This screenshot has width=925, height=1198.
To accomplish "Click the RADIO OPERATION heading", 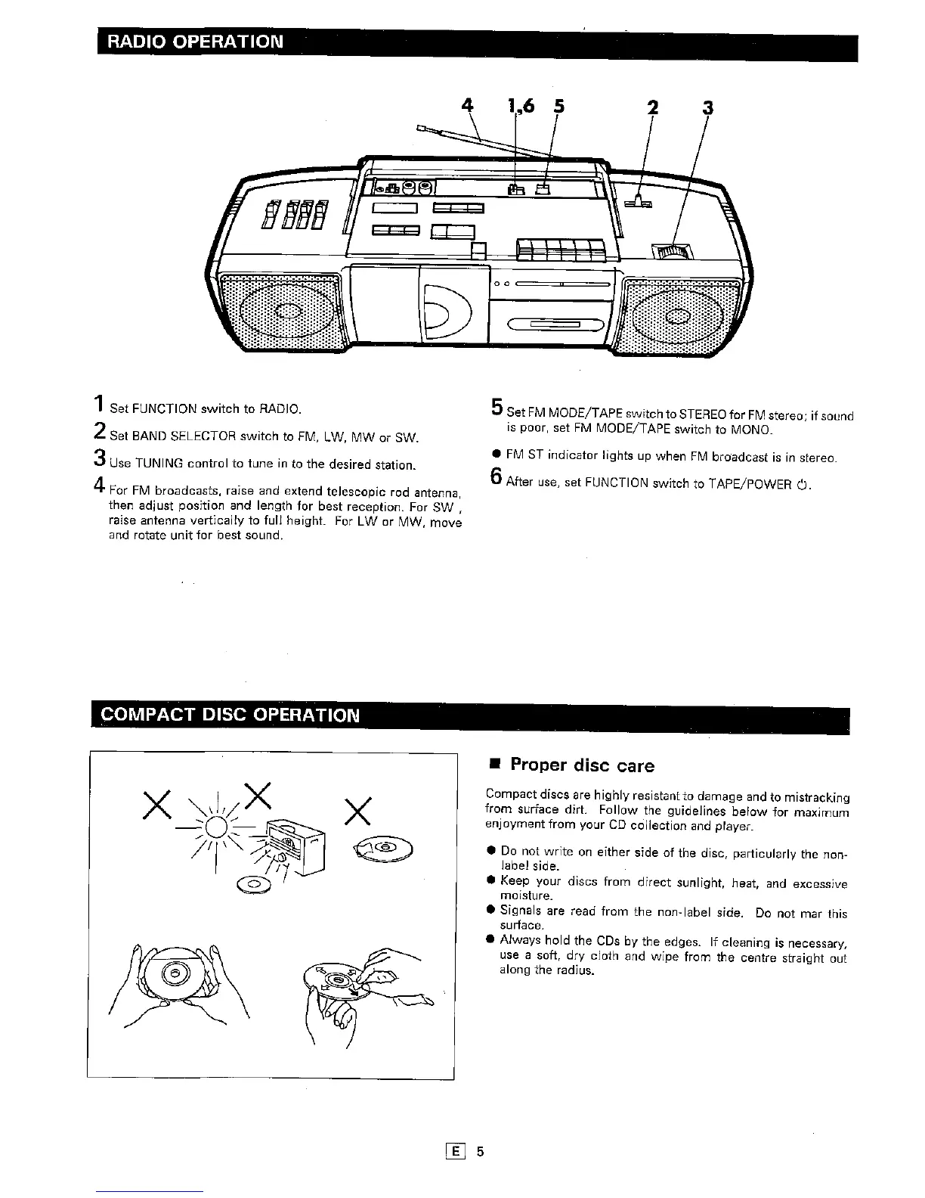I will pos(196,41).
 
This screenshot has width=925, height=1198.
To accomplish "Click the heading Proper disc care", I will pos(582,765).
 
